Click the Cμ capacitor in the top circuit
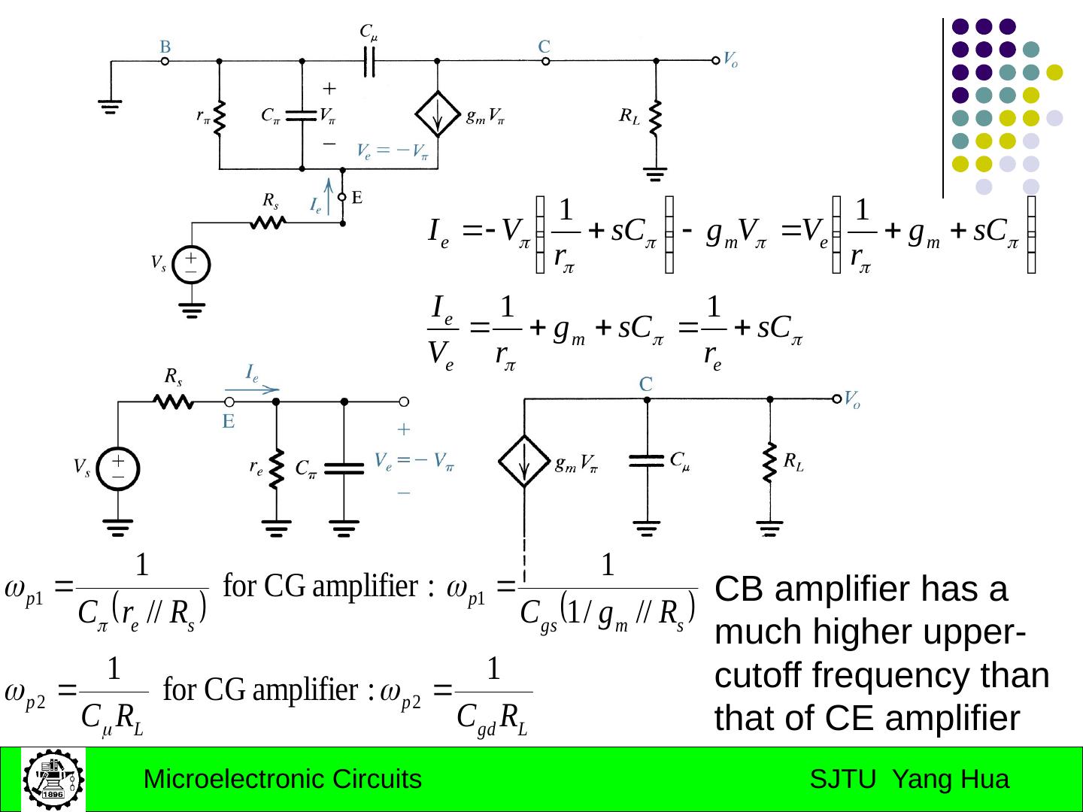pyautogui.click(x=369, y=61)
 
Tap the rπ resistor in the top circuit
pyautogui.click(x=220, y=118)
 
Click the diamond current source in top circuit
pyautogui.click(x=438, y=114)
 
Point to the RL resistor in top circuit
pyautogui.click(x=656, y=117)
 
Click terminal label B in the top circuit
pyautogui.click(x=165, y=47)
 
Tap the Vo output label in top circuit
pyautogui.click(x=730, y=60)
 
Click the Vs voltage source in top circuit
pyautogui.click(x=191, y=265)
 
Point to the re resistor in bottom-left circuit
pyautogui.click(x=277, y=468)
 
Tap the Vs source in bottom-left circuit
pyautogui.click(x=119, y=468)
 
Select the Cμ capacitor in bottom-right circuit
pyautogui.click(x=647, y=460)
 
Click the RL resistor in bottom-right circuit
pyautogui.click(x=769, y=462)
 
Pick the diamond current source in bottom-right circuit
pyautogui.click(x=524, y=462)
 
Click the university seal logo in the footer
pyautogui.click(x=53, y=779)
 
